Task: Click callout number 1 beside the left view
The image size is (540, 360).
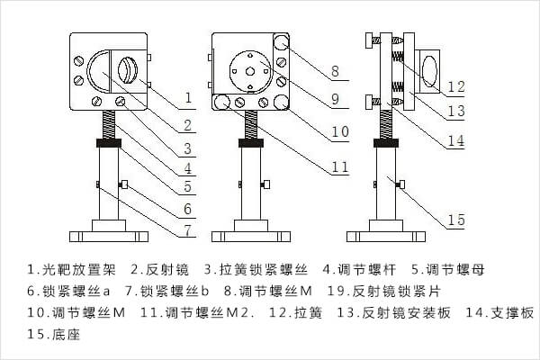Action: pos(188,96)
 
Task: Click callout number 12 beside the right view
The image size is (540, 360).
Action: pos(456,87)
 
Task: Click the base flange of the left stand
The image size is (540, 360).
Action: pos(107,237)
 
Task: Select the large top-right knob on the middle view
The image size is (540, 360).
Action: pos(283,42)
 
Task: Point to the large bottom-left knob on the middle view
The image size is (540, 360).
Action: pos(220,102)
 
